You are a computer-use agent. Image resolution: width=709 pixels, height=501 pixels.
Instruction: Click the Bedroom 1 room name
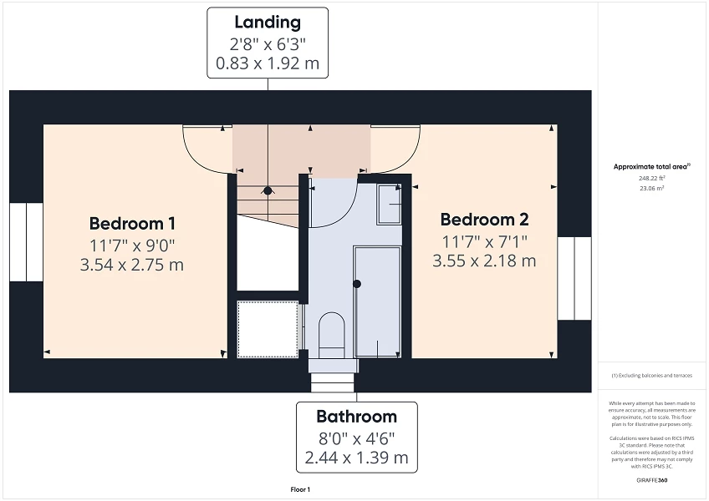click(132, 224)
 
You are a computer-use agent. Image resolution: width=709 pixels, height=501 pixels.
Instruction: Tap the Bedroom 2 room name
click(484, 220)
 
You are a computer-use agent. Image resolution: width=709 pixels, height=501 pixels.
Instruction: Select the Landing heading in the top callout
click(268, 23)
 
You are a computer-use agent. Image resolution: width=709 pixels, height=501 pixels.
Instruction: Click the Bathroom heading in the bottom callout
click(356, 416)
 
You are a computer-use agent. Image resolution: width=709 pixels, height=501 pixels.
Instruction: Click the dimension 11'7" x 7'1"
click(484, 241)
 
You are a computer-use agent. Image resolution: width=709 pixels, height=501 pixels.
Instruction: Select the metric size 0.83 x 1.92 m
click(268, 63)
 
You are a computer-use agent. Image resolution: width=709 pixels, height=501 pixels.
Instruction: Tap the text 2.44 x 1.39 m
click(356, 458)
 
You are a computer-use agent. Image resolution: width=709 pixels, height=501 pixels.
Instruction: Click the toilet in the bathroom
click(332, 331)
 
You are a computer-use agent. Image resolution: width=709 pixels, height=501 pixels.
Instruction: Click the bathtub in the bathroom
click(376, 301)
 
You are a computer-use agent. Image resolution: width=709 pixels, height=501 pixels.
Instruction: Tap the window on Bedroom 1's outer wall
click(26, 242)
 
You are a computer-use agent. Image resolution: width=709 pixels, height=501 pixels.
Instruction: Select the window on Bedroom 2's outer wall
click(574, 278)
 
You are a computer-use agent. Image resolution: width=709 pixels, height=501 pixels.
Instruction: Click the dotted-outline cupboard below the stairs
click(268, 329)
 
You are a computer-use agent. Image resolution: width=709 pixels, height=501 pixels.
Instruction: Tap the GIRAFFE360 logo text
click(651, 480)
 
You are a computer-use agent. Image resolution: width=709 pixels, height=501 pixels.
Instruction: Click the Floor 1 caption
click(300, 489)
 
